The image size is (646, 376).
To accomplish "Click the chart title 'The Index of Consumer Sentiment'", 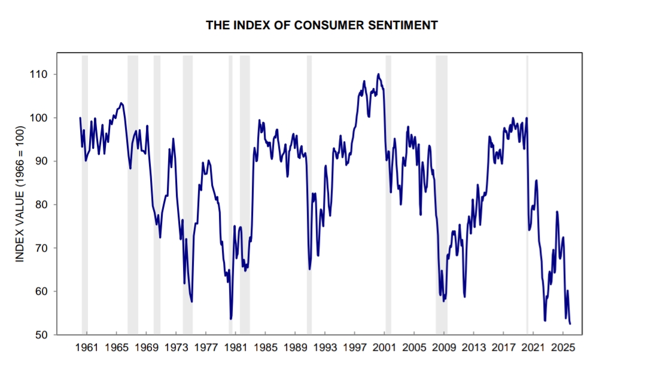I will coord(322,25).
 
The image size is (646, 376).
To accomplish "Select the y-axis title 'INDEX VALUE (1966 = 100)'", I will coord(20,194).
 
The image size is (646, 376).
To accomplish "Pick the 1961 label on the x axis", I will coord(87,347).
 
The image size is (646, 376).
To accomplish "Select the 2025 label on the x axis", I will coord(563,347).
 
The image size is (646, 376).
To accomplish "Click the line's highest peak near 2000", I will coord(378,74).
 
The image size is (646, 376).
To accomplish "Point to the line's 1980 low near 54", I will coord(231,319).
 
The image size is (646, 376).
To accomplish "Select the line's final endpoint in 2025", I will coord(570,323).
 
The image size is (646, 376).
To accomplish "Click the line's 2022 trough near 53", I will coord(544,320).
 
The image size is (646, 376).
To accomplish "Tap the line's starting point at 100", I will coord(80,118).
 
